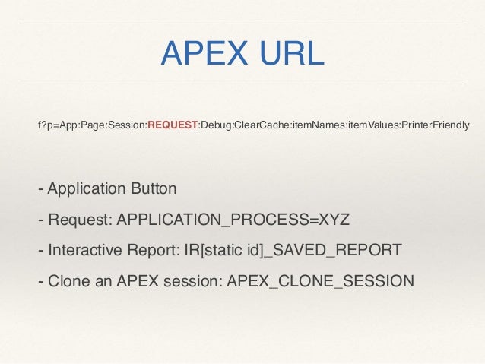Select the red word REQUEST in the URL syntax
coord(173,124)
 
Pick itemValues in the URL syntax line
coord(373,124)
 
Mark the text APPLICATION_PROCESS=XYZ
coord(233,220)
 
